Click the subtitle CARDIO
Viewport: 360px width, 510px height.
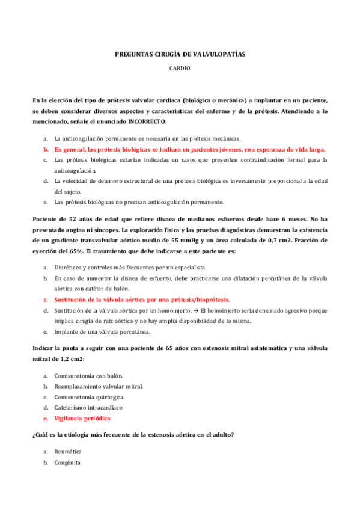(180, 69)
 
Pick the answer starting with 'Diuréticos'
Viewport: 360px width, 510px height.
(130, 266)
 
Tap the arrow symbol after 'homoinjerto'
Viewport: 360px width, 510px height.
(196, 310)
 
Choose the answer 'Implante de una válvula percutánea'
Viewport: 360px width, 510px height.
(102, 331)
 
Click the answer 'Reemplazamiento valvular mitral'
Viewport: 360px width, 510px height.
(99, 386)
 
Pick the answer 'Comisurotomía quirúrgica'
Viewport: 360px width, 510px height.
(90, 396)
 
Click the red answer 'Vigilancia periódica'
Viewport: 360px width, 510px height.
(82, 418)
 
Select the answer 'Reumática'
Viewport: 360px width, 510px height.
(68, 451)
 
